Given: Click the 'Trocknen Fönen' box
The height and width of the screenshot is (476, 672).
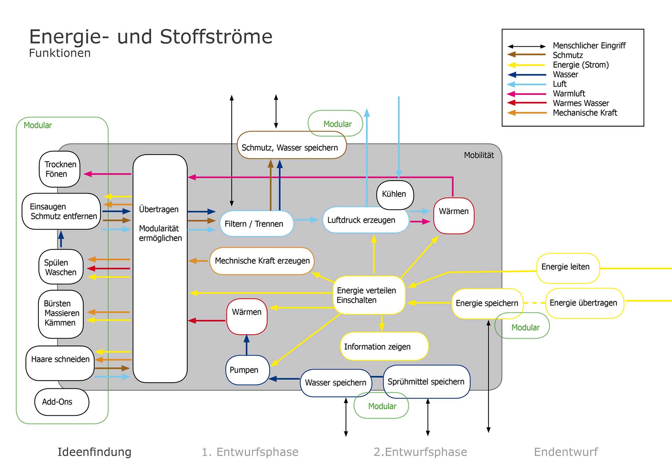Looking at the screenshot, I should tap(59, 169).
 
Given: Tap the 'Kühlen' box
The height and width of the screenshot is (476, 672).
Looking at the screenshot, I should tap(395, 195).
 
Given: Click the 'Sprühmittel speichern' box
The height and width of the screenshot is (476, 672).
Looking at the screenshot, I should tap(426, 381).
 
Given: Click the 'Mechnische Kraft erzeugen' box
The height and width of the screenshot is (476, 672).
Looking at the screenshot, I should tap(262, 261).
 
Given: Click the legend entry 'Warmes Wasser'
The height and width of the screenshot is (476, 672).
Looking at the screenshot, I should tap(581, 103).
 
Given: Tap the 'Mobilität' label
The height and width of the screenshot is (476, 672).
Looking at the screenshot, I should tap(479, 155).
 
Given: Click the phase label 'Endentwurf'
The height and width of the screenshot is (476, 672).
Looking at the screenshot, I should tap(566, 452).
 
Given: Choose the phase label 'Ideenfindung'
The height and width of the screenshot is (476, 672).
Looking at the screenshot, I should tap(94, 452).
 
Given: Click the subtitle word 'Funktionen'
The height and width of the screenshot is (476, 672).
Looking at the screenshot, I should tap(60, 53).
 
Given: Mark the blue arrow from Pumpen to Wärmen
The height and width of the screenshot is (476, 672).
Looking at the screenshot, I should tap(247, 345).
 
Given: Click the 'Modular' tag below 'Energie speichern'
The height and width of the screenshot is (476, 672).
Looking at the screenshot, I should tap(525, 327).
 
